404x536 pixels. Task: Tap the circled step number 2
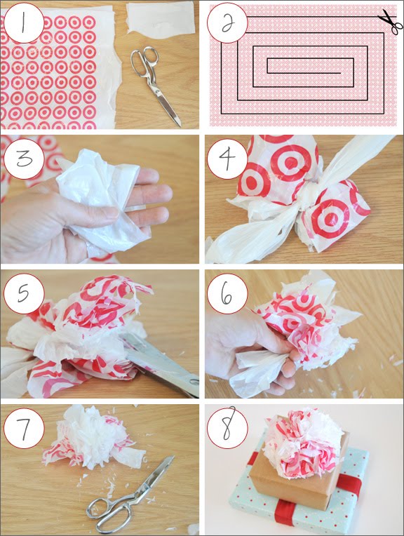pos(227,23)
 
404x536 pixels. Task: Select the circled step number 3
pos(24,159)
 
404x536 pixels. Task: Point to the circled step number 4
pos(227,159)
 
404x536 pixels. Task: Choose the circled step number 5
pos(24,294)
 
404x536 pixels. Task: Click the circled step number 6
pos(227,294)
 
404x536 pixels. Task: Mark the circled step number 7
pos(24,429)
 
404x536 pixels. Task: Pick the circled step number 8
pos(227,429)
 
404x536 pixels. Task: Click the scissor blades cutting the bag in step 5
pos(161,366)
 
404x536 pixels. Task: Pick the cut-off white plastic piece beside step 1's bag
pos(160,17)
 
